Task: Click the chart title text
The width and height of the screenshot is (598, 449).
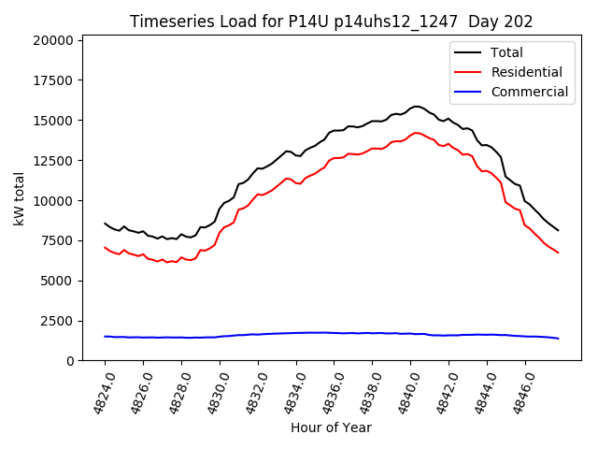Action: [x=331, y=22]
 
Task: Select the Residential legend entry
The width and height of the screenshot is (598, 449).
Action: [x=526, y=72]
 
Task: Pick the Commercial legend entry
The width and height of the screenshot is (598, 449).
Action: [x=529, y=92]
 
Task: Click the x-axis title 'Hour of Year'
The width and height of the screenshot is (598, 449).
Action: [x=331, y=427]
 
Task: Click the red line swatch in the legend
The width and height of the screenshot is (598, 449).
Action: [x=468, y=72]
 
